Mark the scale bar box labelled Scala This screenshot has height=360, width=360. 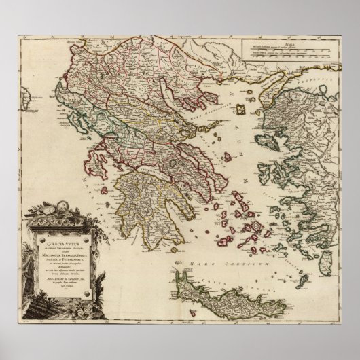[x=292, y=52]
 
